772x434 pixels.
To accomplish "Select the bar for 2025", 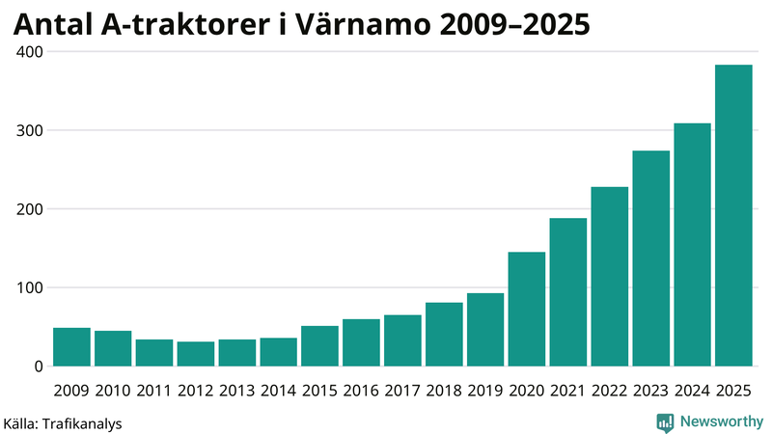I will (x=733, y=216).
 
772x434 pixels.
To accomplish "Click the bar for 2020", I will (x=527, y=310).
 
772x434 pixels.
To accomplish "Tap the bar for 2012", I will (x=196, y=354).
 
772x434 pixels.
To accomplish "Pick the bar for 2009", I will (x=71, y=347).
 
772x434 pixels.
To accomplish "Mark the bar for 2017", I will (x=402, y=340).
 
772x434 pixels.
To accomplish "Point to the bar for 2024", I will (x=692, y=245).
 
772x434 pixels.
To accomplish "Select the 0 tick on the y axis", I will (x=39, y=366).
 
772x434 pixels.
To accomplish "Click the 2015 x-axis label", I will (x=319, y=390).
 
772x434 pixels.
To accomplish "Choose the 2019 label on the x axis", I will (x=485, y=390).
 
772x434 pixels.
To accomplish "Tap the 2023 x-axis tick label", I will (x=651, y=390).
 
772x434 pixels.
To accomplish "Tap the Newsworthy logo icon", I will (x=665, y=421).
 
